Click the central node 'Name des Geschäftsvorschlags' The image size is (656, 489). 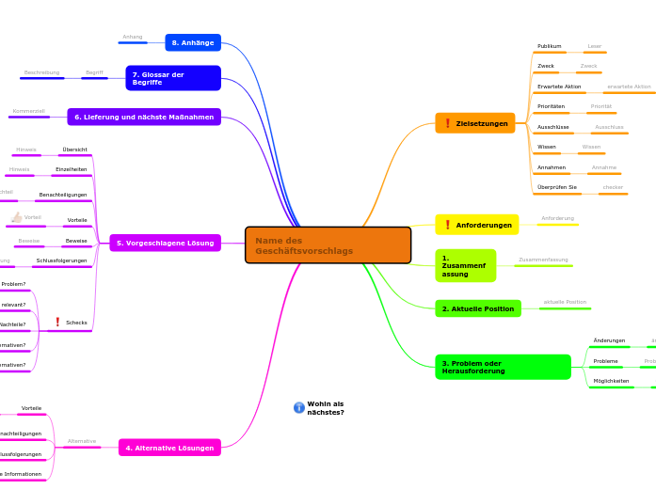point(328,245)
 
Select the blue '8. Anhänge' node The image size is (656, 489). point(193,42)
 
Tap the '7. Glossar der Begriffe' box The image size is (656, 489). point(173,78)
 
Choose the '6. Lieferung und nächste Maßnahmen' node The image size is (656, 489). point(144,117)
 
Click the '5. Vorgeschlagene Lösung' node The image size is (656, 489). point(166,243)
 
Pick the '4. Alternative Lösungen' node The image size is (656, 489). point(169,448)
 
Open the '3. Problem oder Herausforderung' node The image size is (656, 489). point(503,367)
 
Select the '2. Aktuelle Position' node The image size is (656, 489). point(478,308)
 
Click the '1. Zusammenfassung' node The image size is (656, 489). point(465,265)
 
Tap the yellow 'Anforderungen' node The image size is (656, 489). point(477,225)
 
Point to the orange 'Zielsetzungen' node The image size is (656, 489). point(475,123)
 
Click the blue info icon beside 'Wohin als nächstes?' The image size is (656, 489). point(299,408)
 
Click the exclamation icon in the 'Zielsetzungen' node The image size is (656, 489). point(447,123)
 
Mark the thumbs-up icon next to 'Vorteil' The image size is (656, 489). point(16,217)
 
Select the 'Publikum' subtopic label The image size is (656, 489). point(549,46)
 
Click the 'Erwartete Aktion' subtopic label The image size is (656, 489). point(559,87)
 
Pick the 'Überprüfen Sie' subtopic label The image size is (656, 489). point(556,187)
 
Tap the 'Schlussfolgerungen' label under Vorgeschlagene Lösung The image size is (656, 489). point(61,260)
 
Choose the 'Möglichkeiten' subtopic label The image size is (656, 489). point(611,381)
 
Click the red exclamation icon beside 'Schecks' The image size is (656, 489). point(57,323)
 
